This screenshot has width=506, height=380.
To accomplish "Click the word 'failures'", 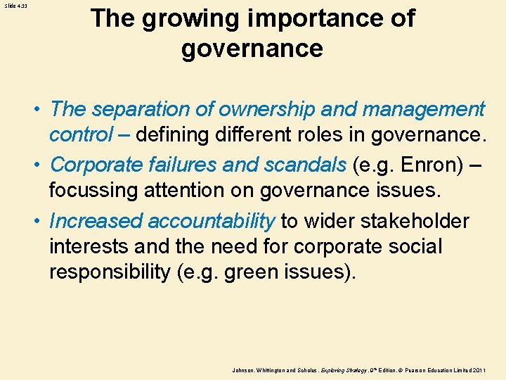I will point(183,165).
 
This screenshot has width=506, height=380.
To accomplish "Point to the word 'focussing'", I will point(96,189).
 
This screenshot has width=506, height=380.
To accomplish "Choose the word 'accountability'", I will point(211,221).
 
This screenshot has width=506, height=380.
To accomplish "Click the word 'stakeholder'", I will point(415,221).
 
